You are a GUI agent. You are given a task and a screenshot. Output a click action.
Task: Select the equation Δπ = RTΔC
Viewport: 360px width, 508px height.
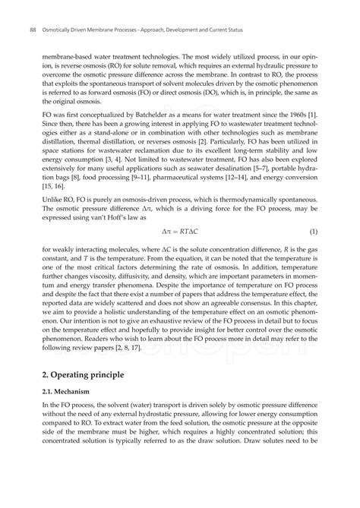(180, 230)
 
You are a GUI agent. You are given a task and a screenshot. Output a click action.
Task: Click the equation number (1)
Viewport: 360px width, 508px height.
(313, 230)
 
